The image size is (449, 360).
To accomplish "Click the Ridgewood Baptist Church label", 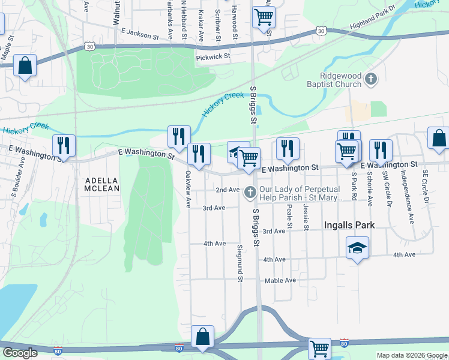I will [x=340, y=80].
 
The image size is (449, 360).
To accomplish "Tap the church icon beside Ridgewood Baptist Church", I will [x=372, y=79].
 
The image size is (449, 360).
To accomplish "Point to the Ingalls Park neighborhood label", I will [x=349, y=225].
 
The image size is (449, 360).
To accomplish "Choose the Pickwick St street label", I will [x=213, y=56].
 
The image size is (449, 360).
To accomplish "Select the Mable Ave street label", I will [x=280, y=280].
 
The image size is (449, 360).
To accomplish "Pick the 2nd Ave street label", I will [x=228, y=190].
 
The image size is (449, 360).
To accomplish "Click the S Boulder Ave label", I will [x=17, y=178].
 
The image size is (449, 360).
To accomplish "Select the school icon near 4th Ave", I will [x=357, y=247].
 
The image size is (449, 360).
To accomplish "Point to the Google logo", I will [x=20, y=353].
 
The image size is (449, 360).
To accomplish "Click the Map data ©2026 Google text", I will [x=412, y=355].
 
